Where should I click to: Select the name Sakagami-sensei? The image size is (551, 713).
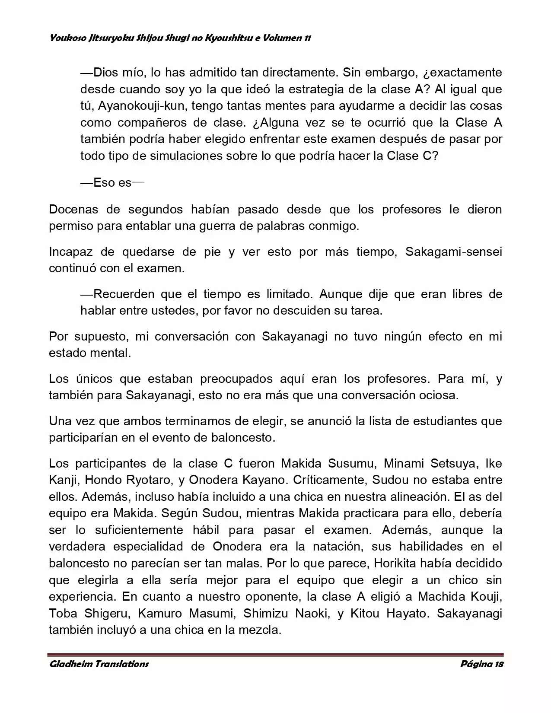[x=453, y=252]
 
